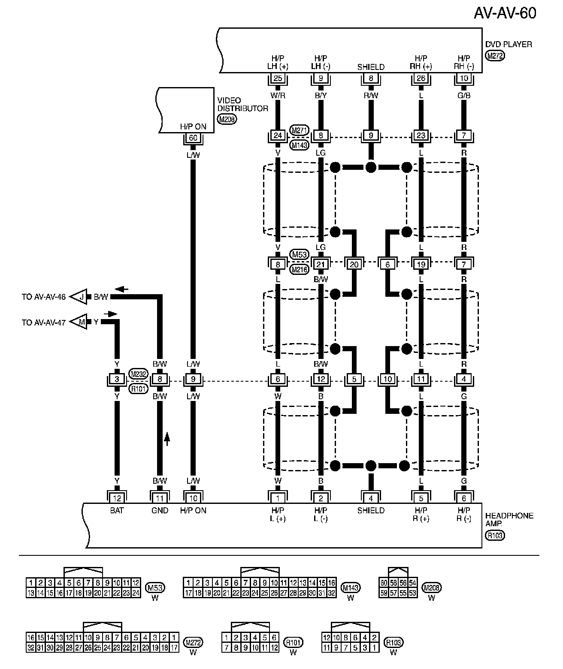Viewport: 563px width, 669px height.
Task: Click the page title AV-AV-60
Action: pyautogui.click(x=505, y=13)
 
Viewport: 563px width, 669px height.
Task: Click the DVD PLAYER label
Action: pyautogui.click(x=509, y=44)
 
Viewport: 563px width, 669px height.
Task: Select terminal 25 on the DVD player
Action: pyautogui.click(x=278, y=78)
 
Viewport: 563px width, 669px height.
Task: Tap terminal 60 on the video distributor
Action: pyautogui.click(x=193, y=138)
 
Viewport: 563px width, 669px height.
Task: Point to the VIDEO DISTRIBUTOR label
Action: pyautogui.click(x=242, y=104)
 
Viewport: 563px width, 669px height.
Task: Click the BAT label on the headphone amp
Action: pyautogui.click(x=117, y=510)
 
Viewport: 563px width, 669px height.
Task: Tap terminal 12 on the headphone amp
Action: pyautogui.click(x=117, y=498)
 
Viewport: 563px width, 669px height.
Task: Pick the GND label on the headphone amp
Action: pyautogui.click(x=160, y=510)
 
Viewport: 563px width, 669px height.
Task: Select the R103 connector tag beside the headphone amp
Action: pyautogui.click(x=495, y=535)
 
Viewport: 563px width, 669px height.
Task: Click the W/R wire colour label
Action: pyautogui.click(x=278, y=96)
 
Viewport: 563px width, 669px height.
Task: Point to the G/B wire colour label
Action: pyautogui.click(x=464, y=96)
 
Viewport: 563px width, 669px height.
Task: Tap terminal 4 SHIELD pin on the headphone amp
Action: pyautogui.click(x=371, y=498)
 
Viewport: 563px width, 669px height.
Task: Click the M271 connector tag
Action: pyautogui.click(x=300, y=130)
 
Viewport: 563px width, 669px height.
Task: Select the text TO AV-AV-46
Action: pyautogui.click(x=44, y=297)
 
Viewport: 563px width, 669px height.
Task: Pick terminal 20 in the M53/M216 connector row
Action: pyautogui.click(x=354, y=264)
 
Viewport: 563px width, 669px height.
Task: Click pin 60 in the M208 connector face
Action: pyautogui.click(x=384, y=582)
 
